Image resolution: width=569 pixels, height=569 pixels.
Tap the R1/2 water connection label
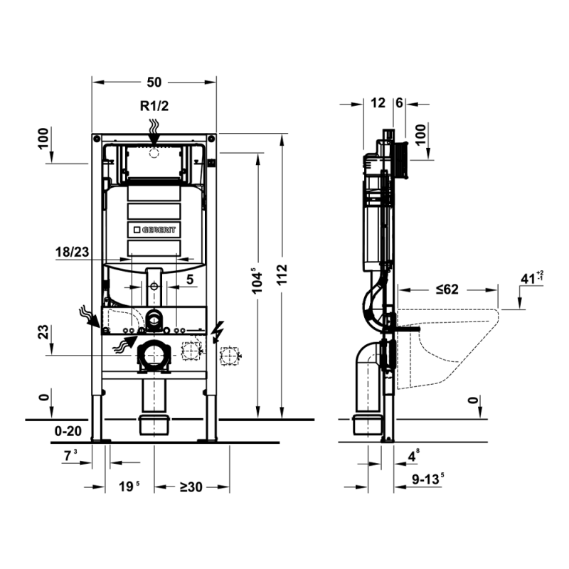tap(154, 107)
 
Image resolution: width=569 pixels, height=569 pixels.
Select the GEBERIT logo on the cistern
tap(154, 230)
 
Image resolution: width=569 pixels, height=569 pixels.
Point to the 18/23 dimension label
tap(73, 251)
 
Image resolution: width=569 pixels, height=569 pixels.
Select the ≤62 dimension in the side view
tap(447, 289)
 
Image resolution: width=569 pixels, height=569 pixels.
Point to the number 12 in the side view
tap(378, 103)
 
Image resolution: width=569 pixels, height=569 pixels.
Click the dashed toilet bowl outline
tap(448, 349)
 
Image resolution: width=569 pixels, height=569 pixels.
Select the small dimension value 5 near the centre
tap(189, 280)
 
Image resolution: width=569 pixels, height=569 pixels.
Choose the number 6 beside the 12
tap(399, 103)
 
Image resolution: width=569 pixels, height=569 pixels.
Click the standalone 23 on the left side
tap(45, 331)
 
